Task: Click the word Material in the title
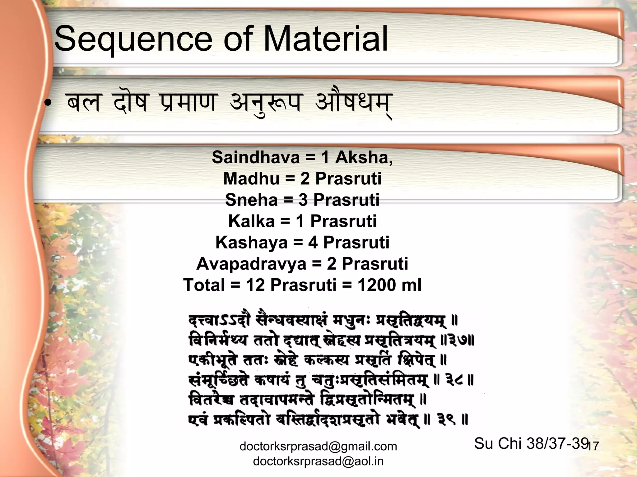tap(325, 39)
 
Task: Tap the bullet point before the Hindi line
tap(47, 105)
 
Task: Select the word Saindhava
tap(256, 157)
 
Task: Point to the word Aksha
tap(364, 157)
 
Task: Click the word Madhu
tap(251, 178)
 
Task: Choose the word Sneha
tap(251, 200)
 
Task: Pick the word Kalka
tap(251, 221)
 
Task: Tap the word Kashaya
tap(251, 243)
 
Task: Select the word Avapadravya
tap(251, 264)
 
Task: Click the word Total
tap(204, 285)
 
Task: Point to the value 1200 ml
tap(389, 285)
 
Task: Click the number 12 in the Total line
tap(255, 285)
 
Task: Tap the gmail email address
tap(318, 446)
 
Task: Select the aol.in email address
tap(318, 461)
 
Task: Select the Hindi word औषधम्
tap(353, 103)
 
